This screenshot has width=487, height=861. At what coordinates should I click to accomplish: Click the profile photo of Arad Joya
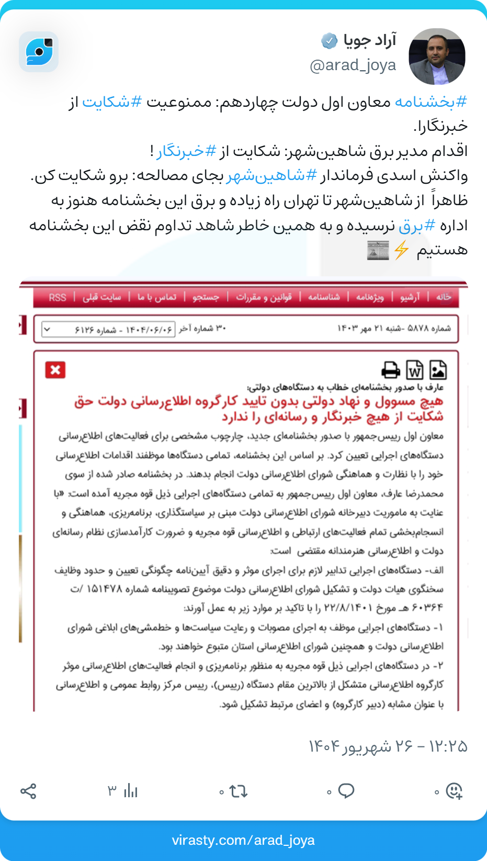(x=437, y=57)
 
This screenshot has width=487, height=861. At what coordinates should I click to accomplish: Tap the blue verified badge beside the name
(x=329, y=40)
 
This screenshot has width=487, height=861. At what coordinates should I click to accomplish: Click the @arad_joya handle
(x=353, y=65)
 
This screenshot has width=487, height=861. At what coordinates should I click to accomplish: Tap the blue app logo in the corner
(x=39, y=51)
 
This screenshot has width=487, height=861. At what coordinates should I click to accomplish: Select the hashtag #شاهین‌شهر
(x=272, y=175)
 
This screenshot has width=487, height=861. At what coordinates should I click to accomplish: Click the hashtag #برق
(x=417, y=226)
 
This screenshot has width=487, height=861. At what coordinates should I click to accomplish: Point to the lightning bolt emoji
(x=401, y=250)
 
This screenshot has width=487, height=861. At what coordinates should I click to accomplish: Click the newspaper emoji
(x=378, y=251)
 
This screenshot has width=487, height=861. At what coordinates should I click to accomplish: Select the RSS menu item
(x=58, y=297)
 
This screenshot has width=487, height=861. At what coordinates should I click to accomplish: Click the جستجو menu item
(x=206, y=297)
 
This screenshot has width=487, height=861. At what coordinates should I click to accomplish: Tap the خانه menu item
(x=444, y=297)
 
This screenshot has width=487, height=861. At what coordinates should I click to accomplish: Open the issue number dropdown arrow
(x=48, y=329)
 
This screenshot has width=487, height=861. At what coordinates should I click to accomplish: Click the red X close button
(x=55, y=370)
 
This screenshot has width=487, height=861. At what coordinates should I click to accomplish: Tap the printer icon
(x=390, y=370)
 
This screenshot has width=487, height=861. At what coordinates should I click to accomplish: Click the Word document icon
(x=414, y=370)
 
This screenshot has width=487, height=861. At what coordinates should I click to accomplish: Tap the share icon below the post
(x=28, y=791)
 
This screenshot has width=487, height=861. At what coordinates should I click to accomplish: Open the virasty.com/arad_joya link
(x=243, y=840)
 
